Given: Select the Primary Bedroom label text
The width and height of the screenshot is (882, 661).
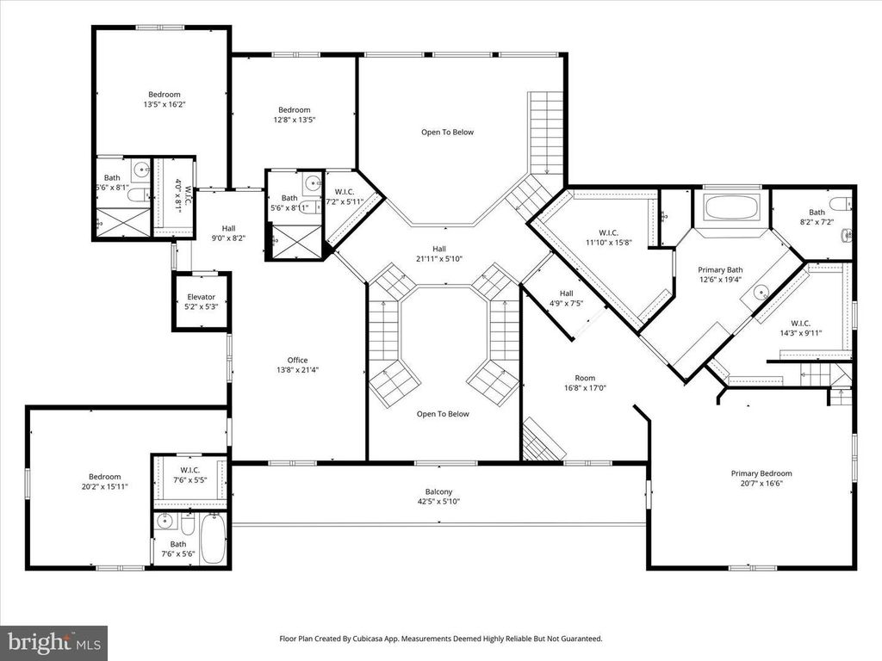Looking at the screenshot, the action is (761, 473).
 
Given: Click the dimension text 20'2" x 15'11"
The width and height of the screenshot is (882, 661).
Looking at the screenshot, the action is (104, 486).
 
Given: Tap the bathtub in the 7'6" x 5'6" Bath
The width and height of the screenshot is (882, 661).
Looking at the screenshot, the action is (214, 538).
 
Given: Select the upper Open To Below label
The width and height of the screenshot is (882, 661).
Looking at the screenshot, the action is (448, 132).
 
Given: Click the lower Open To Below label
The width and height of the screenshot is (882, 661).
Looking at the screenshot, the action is (443, 414).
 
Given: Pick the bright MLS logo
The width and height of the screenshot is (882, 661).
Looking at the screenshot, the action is (54, 641).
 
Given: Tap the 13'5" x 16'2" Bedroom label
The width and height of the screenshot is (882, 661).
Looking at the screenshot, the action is (165, 99).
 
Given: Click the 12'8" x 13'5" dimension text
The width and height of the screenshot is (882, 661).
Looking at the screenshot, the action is (295, 120).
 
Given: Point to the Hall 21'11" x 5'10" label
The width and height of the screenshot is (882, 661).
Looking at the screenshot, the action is (439, 254).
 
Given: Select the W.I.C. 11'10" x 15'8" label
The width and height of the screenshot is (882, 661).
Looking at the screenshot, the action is (609, 238).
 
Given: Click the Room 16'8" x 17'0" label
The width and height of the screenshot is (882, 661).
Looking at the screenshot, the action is (585, 383).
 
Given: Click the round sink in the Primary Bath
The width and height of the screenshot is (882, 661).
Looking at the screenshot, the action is (761, 293).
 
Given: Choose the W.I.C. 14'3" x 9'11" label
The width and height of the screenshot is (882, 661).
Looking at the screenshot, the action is (800, 328).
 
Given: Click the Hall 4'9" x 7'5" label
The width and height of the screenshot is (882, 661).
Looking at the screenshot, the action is (567, 298).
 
